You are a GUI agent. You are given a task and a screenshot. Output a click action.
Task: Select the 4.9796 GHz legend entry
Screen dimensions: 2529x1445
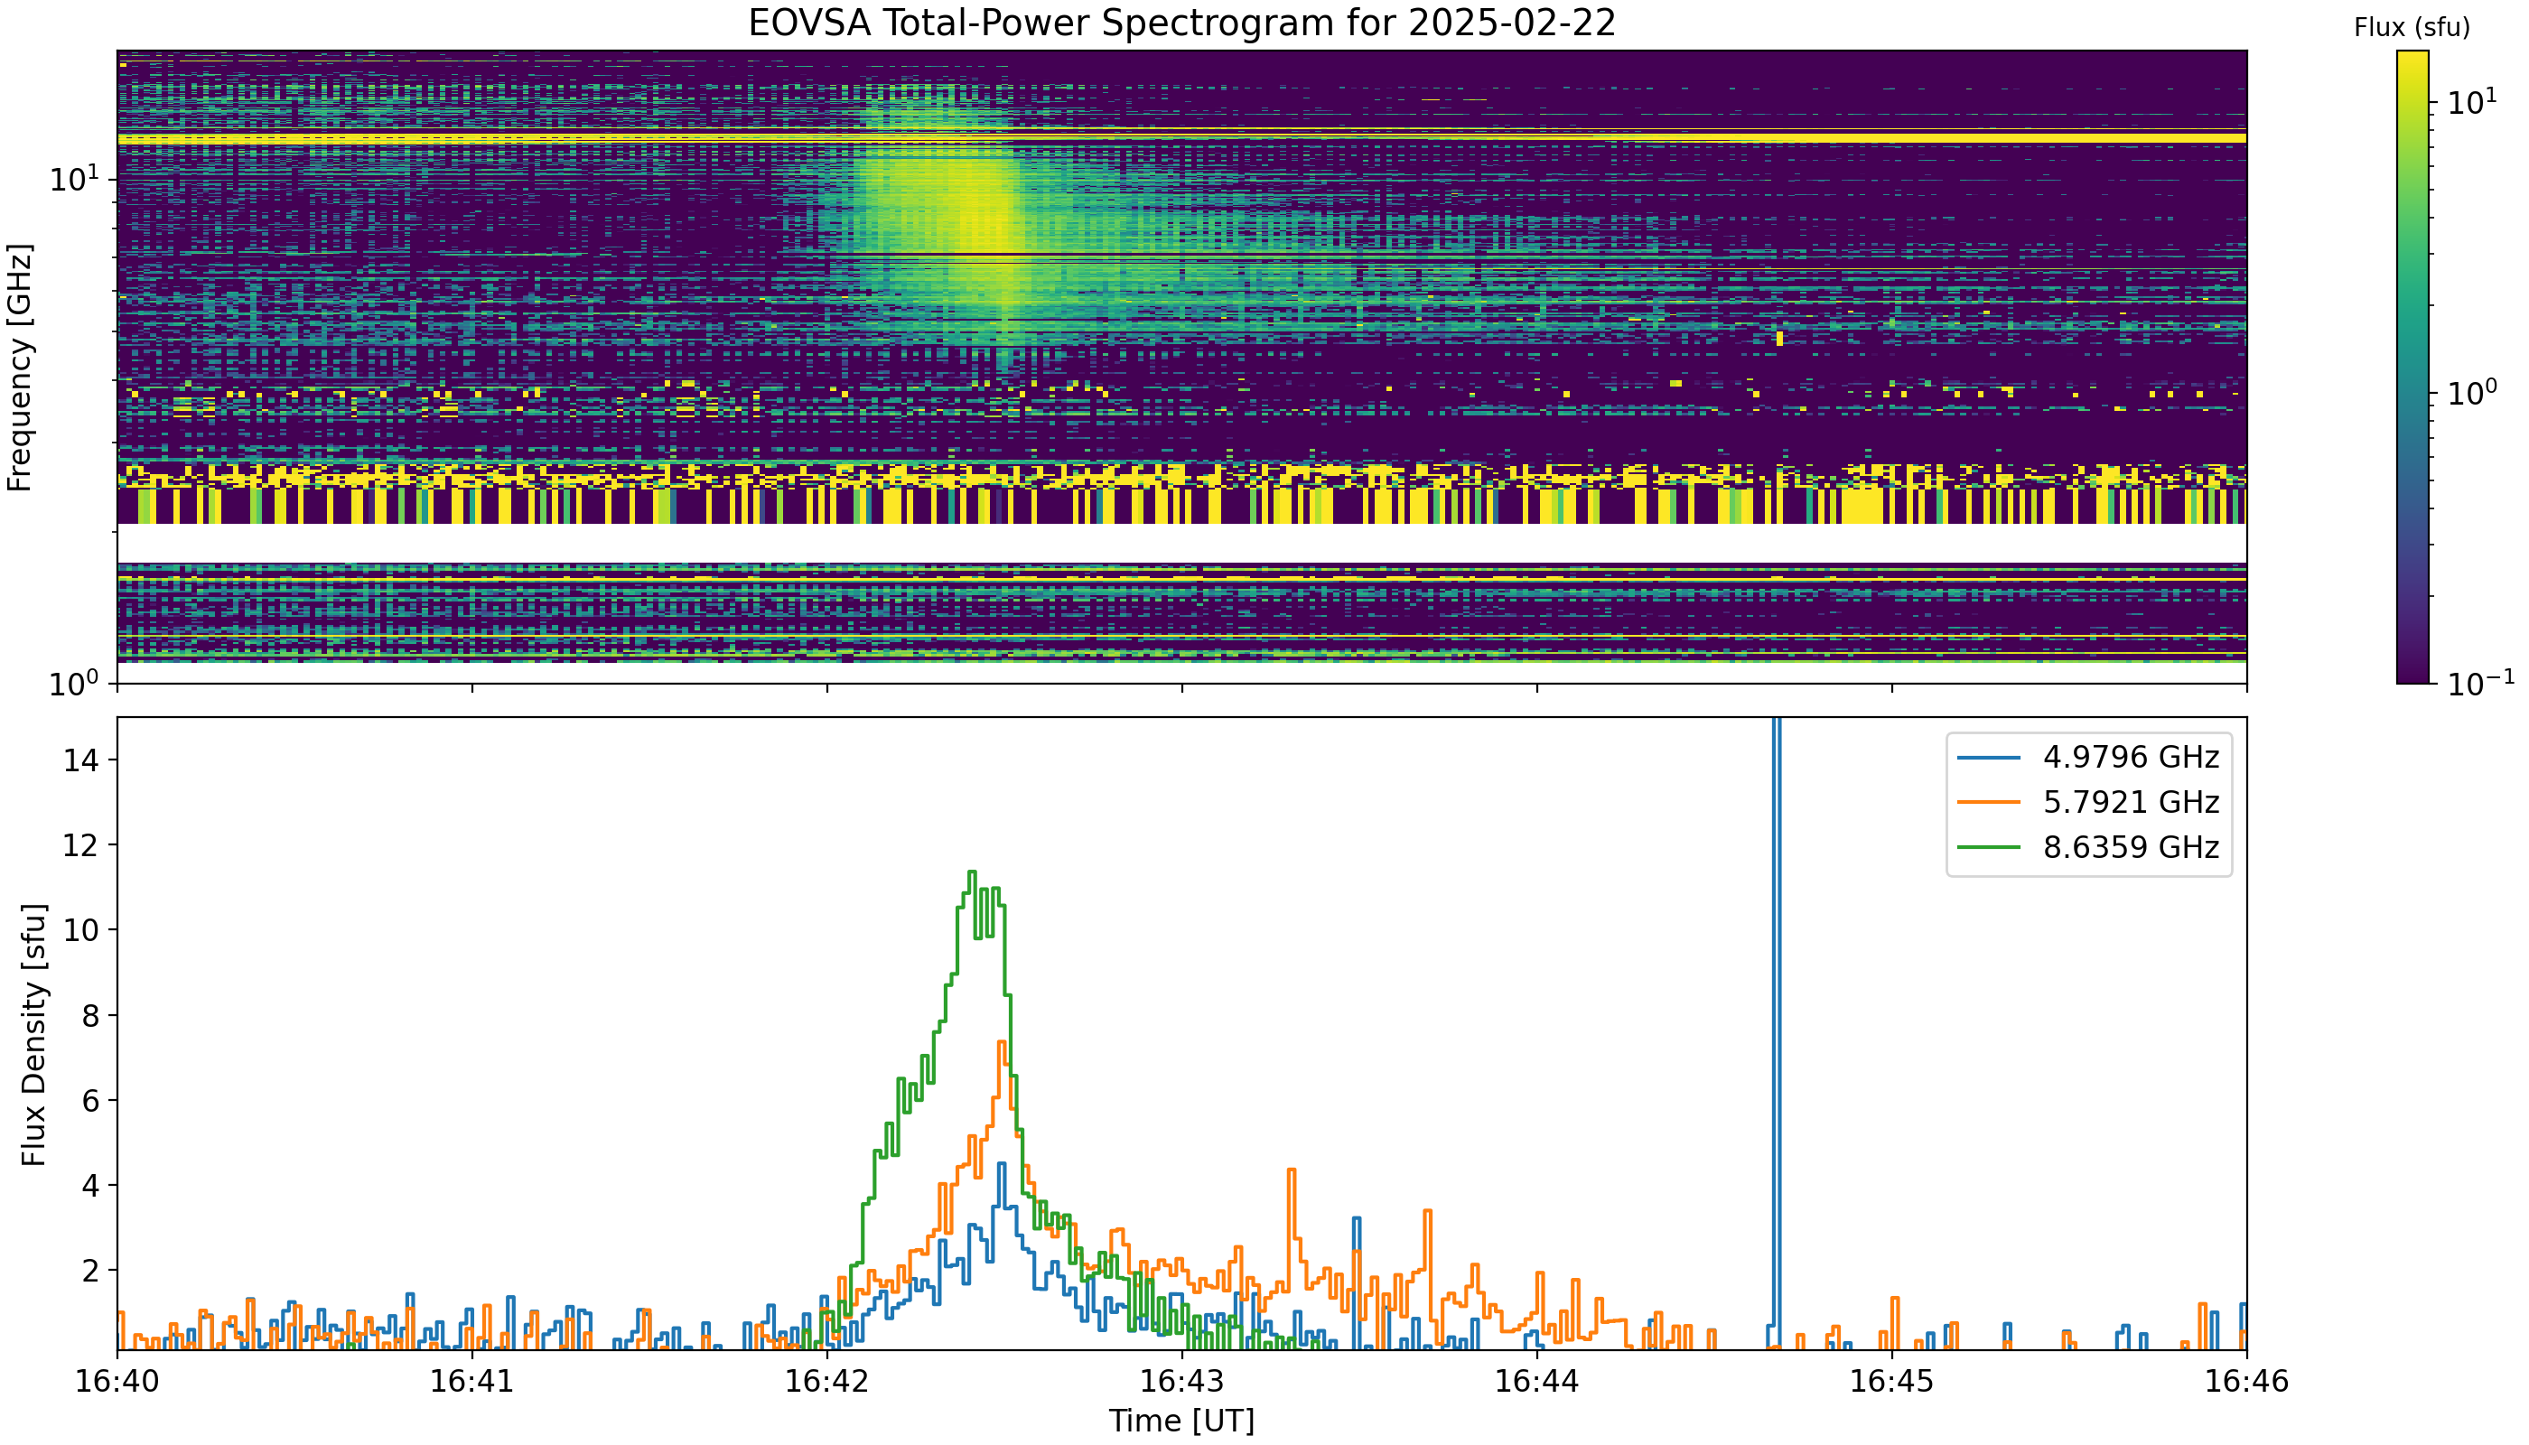click(x=2088, y=757)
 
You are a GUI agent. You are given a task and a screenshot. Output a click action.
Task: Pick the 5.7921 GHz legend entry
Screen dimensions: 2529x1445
click(x=2088, y=802)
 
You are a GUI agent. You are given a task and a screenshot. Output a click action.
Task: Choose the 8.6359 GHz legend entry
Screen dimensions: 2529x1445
click(x=2088, y=846)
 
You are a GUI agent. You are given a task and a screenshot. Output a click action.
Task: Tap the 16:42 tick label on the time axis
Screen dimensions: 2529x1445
click(x=826, y=1381)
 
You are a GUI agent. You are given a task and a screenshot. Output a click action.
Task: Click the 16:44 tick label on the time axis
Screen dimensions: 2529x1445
click(x=1536, y=1381)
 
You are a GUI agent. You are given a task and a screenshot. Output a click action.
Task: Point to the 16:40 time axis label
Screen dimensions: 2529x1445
click(x=117, y=1381)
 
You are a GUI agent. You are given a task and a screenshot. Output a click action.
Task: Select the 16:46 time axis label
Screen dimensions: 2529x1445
click(x=2246, y=1381)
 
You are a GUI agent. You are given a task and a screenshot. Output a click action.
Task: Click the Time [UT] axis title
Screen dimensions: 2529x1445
click(x=1181, y=1422)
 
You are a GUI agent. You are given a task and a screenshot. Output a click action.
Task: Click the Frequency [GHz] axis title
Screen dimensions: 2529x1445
click(x=19, y=368)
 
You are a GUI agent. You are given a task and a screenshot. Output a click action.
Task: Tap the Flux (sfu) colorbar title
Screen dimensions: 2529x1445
click(x=2412, y=28)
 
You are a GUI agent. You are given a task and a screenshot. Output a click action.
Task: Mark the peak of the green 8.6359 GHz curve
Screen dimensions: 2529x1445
click(x=972, y=872)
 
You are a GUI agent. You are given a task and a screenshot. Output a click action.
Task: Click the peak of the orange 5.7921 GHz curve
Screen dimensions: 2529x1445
click(x=1002, y=1042)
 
